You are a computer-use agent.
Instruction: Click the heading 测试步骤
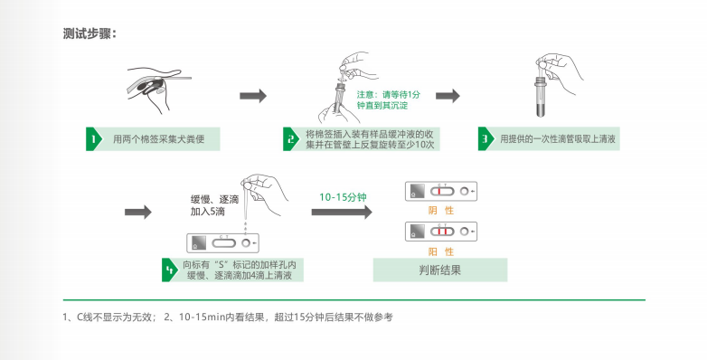(x=90, y=34)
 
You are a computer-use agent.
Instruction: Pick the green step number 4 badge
(x=169, y=270)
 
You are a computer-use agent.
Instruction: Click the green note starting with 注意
(x=388, y=100)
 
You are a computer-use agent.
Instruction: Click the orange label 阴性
(x=440, y=211)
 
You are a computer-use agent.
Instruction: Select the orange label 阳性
(x=440, y=251)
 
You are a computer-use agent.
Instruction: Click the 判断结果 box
(x=440, y=270)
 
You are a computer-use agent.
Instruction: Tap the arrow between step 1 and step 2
(x=252, y=96)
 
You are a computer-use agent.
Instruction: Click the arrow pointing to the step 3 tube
(x=448, y=96)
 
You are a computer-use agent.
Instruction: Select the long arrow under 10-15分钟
(x=342, y=212)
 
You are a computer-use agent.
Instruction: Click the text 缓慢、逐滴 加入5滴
(x=209, y=204)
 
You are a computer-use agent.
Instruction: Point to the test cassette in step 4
(x=222, y=242)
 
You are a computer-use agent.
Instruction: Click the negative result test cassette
(x=441, y=192)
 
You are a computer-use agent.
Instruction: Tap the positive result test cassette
(x=441, y=232)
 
